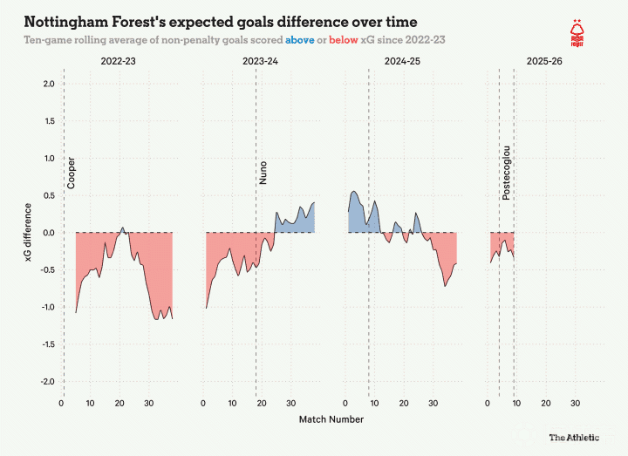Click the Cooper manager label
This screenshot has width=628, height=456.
pos(72,173)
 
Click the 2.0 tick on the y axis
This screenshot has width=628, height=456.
pos(48,84)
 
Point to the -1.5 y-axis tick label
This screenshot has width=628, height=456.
pos(46,344)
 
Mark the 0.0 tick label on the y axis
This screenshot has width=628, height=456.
pos(48,233)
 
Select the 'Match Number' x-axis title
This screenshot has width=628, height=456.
pos(331,419)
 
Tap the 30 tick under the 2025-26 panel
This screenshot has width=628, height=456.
pos(576,403)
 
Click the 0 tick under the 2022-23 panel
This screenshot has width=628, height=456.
pos(61,403)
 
